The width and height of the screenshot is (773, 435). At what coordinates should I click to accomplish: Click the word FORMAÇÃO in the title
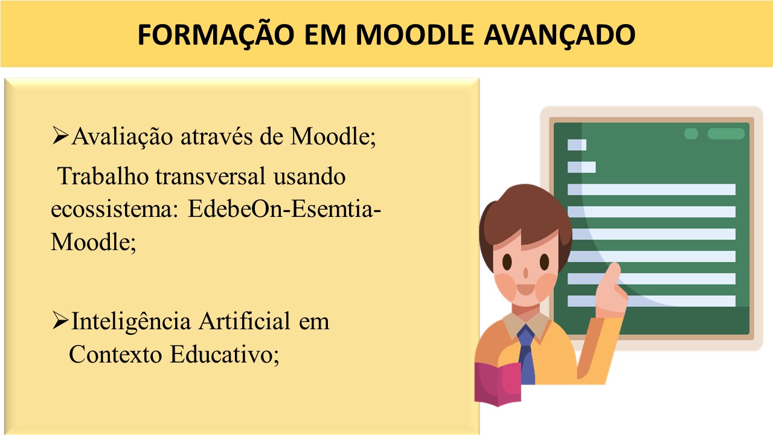coord(216,34)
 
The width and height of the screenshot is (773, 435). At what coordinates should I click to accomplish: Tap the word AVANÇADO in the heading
coord(559,34)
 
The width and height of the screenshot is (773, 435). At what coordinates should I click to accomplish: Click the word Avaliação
coord(122,137)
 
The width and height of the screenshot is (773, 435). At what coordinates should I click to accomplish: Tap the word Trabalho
coord(103,176)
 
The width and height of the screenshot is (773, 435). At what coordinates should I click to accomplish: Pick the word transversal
coord(211,176)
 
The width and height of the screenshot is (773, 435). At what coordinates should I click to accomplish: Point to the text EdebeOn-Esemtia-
coord(284,208)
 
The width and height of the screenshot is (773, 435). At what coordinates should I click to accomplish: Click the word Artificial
coord(245,321)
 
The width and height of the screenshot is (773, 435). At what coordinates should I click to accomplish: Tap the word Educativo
coord(225,355)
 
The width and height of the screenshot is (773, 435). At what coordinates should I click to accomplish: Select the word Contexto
coord(115,354)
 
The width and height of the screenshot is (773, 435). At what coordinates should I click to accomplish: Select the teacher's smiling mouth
coord(525,289)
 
